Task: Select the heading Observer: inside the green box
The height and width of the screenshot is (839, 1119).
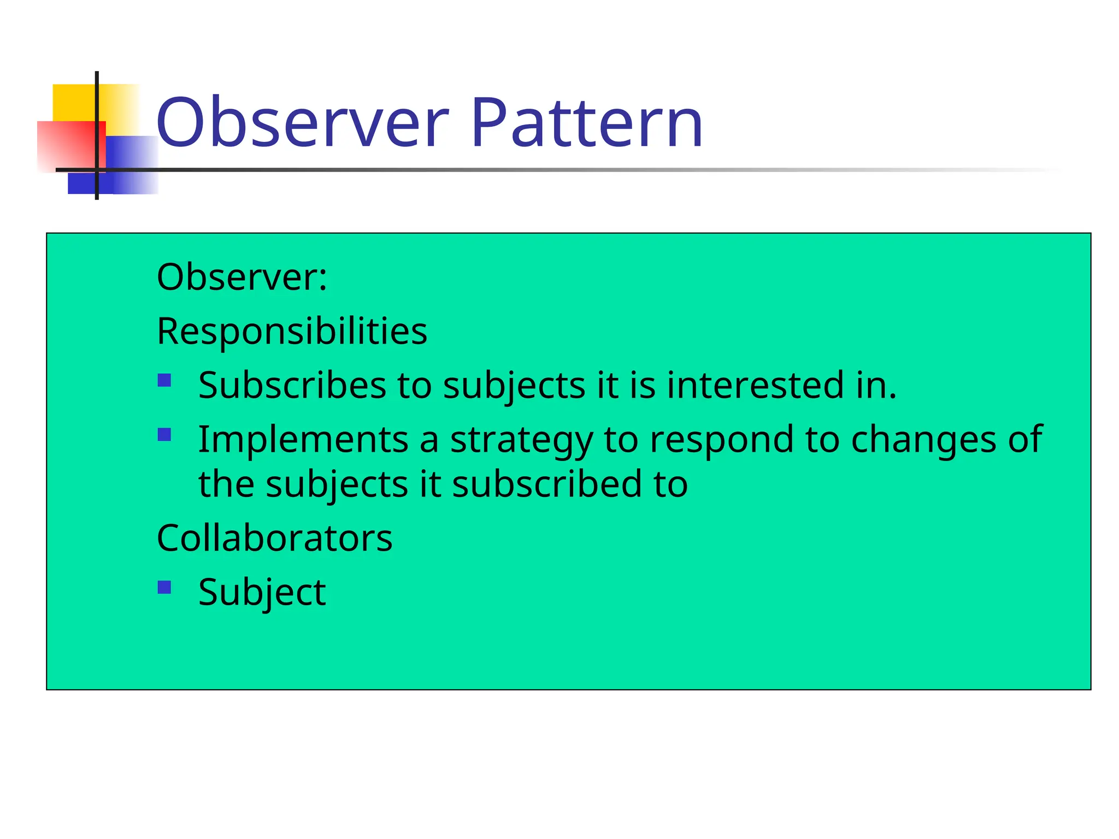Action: [242, 277]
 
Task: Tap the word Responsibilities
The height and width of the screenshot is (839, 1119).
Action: [292, 331]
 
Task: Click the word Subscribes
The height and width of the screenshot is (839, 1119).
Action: [292, 385]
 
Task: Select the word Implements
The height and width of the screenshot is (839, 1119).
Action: [303, 439]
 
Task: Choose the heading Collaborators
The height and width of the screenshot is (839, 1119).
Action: [274, 538]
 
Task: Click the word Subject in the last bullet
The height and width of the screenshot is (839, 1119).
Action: [262, 592]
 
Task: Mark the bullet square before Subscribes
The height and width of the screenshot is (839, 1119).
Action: [164, 380]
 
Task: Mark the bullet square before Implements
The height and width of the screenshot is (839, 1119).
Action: [164, 434]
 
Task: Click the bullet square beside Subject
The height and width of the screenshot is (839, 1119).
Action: [164, 587]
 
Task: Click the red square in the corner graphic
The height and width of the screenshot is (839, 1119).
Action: [66, 145]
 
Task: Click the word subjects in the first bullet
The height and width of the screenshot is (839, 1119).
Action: [514, 386]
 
